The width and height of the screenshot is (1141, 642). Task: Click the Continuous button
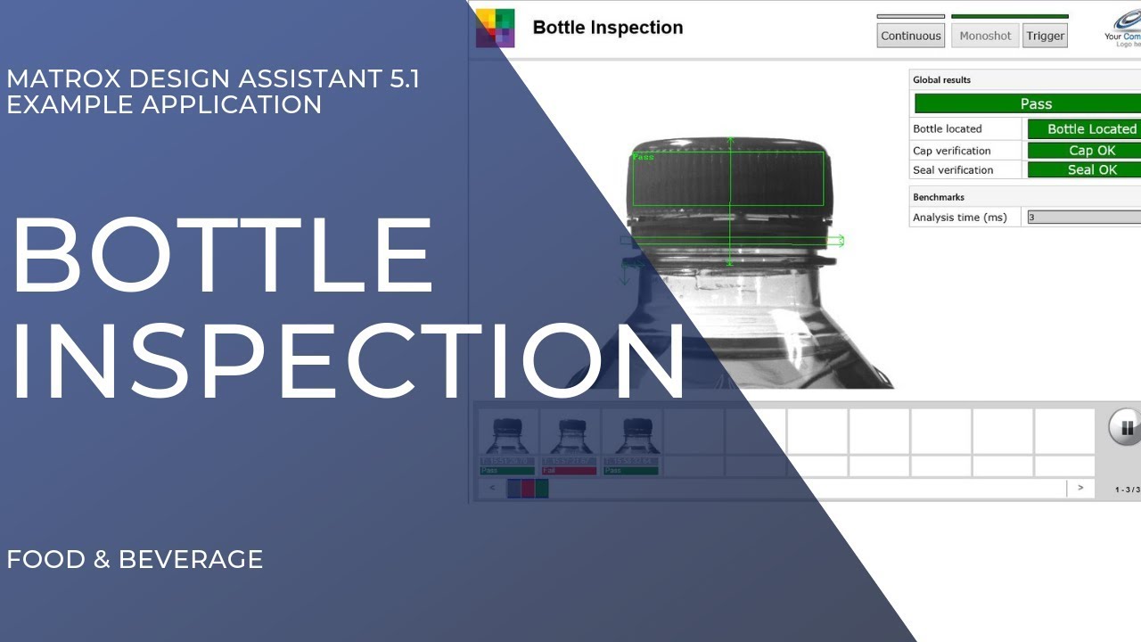[910, 36]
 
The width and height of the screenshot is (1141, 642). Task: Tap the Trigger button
[1045, 36]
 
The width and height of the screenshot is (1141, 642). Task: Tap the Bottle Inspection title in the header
[607, 28]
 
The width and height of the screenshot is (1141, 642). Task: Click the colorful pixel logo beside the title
[495, 28]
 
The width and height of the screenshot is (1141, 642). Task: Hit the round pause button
[1126, 428]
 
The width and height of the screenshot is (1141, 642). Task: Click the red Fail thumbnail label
[569, 470]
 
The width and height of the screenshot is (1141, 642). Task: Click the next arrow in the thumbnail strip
[1080, 488]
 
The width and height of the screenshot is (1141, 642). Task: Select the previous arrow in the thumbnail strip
[491, 488]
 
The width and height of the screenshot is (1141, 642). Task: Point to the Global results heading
[941, 80]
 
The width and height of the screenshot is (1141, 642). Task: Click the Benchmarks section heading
[939, 197]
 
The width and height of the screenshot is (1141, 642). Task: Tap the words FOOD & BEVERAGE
[135, 559]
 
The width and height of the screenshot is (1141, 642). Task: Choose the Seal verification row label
[953, 170]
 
